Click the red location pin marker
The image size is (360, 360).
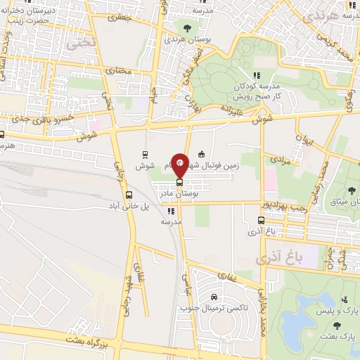click(x=180, y=165)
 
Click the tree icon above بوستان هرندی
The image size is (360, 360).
click(x=187, y=27)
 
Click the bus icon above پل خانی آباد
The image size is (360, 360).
click(x=128, y=195)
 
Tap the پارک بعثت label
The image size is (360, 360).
click(x=339, y=337)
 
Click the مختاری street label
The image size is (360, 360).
click(x=115, y=72)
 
